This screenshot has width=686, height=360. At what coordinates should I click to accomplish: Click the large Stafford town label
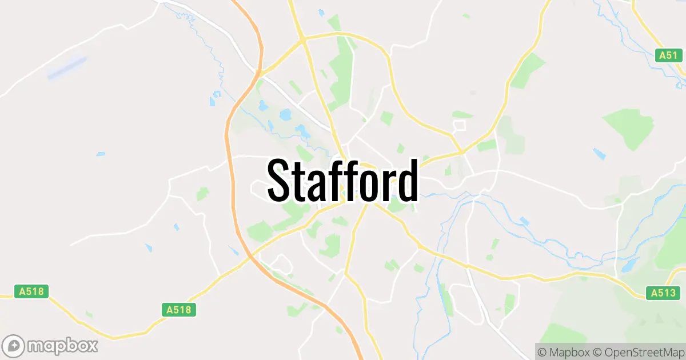click(x=342, y=180)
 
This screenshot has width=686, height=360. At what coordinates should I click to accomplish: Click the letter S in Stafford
click(x=280, y=180)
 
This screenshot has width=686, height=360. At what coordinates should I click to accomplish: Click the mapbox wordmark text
click(x=63, y=346)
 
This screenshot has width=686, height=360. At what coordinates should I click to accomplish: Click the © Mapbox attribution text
click(x=563, y=351)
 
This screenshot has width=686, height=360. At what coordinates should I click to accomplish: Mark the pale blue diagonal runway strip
click(x=67, y=67)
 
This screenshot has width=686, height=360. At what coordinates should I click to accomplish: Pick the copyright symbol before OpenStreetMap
click(x=596, y=351)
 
